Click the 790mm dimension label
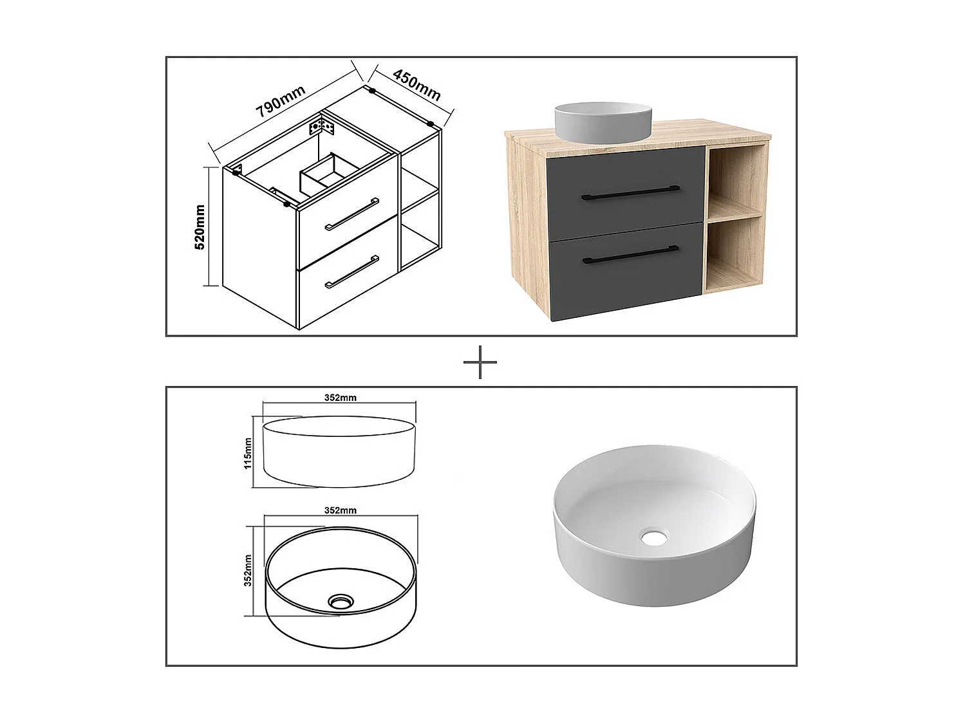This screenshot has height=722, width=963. (x=280, y=102)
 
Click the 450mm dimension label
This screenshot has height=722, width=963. (x=416, y=85)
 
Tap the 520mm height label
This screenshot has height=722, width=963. (x=200, y=227)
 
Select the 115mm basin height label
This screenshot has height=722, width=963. (x=248, y=453)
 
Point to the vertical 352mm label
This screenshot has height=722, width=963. (x=248, y=571)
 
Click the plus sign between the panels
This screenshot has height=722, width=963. (x=480, y=363)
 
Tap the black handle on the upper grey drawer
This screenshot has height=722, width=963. (x=630, y=192)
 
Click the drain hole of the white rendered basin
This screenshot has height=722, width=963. (x=655, y=537)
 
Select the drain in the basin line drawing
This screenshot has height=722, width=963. (x=339, y=602)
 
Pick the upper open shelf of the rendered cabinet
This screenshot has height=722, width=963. (x=735, y=181)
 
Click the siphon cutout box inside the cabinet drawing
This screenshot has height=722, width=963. (x=325, y=172)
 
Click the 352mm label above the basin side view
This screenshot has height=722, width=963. (x=340, y=398)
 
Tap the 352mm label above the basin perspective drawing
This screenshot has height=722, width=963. (x=340, y=510)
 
